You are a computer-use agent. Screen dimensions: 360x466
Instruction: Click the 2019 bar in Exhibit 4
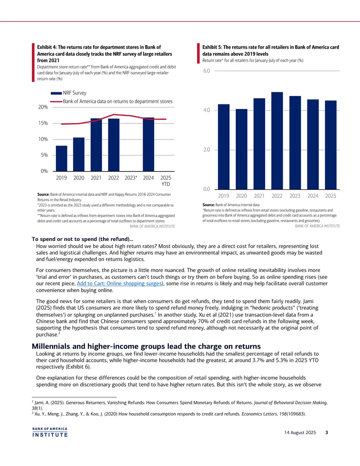[62, 158]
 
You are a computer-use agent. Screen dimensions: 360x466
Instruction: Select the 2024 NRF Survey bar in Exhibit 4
[148, 145]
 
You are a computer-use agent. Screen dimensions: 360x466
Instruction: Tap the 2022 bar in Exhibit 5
[277, 140]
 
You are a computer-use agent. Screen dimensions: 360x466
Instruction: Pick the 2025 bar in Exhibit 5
[331, 145]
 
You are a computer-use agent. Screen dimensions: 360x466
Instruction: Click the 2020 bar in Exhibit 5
[242, 149]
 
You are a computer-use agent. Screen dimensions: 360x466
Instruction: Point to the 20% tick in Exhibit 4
[43, 107]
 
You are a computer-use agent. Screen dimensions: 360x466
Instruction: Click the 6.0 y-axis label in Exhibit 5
[207, 71]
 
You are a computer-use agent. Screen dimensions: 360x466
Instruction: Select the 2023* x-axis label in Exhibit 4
[131, 178]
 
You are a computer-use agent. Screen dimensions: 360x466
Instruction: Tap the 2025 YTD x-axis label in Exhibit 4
[166, 181]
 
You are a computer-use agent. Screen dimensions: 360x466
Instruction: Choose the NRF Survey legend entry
[68, 93]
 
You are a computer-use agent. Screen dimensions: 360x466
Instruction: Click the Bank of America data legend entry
[112, 101]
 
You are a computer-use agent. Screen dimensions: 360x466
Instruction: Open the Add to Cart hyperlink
[119, 284]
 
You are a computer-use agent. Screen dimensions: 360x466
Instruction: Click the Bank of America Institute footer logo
[50, 432]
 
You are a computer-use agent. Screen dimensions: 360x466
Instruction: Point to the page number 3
[327, 432]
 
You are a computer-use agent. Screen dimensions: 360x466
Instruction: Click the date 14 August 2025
[300, 432]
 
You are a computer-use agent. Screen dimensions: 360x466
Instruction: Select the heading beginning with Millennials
[146, 346]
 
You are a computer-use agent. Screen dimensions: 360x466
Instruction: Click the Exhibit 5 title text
[270, 50]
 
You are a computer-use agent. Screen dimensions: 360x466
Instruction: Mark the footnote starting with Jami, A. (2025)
[180, 405]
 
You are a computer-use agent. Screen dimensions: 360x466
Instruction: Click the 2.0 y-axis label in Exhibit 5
[207, 150]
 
